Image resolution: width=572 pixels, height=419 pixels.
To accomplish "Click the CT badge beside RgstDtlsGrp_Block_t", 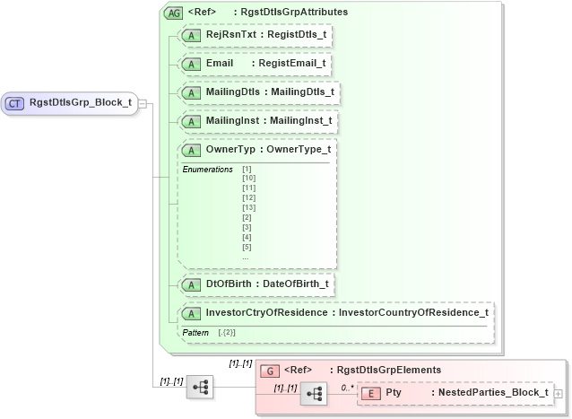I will coord(14,103).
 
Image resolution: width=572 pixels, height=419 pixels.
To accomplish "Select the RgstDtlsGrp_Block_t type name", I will coord(80,103).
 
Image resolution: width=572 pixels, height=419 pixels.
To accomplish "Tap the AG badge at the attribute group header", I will coord(172,13).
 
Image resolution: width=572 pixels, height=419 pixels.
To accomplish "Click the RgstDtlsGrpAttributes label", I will coord(290,13).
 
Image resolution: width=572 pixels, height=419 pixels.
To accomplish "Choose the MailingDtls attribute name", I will coord(231,92).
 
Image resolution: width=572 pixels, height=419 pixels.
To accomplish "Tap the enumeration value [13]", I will coord(248,207).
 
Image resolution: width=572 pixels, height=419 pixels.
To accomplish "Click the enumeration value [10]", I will coord(248,179).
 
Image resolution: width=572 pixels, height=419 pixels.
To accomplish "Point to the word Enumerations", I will coord(207,169).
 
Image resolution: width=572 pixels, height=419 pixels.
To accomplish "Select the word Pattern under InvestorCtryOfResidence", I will coord(195,333).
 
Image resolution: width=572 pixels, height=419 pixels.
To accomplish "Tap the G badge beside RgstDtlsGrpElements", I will coord(267,370).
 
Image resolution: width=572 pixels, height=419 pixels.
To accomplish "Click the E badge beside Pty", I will coord(371,394).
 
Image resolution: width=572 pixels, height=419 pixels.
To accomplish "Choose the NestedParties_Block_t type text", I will coord(490,394).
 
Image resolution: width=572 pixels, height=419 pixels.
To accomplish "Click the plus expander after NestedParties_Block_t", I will coord(559,394).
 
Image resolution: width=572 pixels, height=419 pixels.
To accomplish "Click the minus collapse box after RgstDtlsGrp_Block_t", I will coord(143,103).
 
